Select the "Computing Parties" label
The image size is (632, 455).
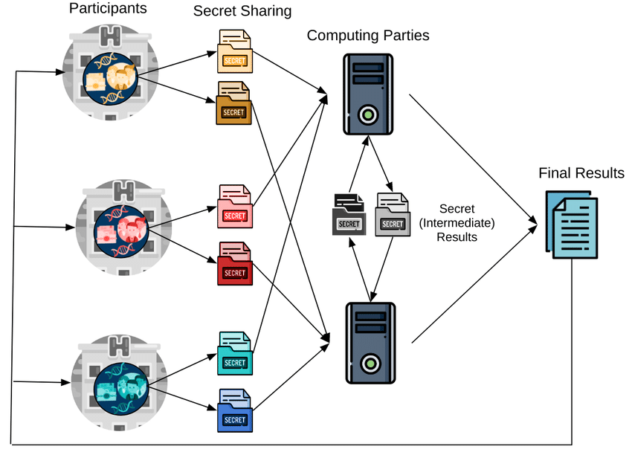coord(368,35)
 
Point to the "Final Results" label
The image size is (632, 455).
coord(581,173)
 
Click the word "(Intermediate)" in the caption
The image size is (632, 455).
coord(457,223)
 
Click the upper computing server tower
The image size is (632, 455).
coord(368,93)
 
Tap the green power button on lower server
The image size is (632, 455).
coord(368,364)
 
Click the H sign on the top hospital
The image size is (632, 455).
coord(112,34)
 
